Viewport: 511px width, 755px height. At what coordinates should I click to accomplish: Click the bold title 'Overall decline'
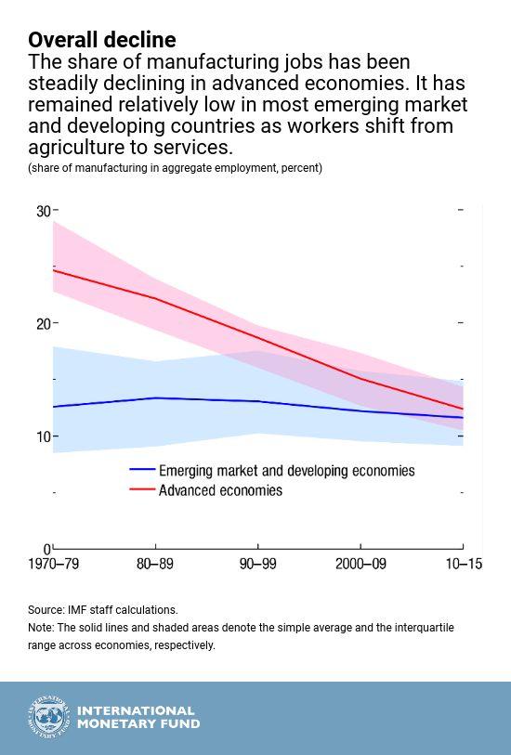pos(101,40)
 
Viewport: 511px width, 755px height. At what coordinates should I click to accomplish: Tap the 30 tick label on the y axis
pos(43,211)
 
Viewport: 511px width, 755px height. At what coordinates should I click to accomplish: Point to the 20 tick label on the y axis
pos(43,323)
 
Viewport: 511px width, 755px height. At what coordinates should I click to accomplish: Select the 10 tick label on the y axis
pos(43,436)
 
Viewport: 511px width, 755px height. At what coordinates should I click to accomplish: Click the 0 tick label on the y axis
pos(47,549)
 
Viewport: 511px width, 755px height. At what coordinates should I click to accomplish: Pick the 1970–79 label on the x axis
pos(54,565)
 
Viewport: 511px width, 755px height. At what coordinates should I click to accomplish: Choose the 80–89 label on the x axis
pos(155,565)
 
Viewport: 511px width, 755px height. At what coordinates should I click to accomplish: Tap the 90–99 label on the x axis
pos(257,565)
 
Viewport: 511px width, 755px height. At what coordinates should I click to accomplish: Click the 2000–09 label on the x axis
pos(360,565)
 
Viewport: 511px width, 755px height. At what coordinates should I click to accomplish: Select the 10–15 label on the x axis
pos(462,565)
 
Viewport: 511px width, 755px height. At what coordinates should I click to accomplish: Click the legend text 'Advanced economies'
pos(220,490)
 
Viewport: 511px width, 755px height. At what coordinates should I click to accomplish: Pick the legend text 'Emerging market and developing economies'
pos(286,471)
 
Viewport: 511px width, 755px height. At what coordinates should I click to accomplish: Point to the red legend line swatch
pos(141,490)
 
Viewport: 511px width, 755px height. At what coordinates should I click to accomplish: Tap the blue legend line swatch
pos(141,471)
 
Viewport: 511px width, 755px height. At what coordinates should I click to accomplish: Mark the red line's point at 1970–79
pos(54,269)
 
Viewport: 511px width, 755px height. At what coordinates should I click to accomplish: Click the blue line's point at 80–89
pos(155,397)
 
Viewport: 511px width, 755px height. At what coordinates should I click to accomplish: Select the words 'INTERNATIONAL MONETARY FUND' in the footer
pos(137,718)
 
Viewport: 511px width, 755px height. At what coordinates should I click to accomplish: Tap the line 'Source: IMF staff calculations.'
pos(102,610)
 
